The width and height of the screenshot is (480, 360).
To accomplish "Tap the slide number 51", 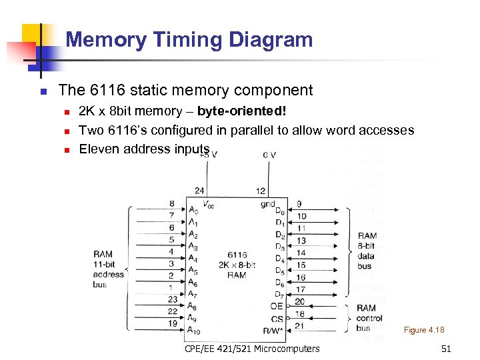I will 446,349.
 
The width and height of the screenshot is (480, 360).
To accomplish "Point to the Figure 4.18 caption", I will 423,330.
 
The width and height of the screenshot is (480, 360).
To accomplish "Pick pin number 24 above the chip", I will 199,191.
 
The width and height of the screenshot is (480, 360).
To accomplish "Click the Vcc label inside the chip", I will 207,205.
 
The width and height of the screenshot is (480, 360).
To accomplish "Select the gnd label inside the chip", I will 267,204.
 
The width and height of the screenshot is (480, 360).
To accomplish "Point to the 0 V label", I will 269,155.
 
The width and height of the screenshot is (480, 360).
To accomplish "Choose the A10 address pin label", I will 193,331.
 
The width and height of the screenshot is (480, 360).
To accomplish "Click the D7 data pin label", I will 280,295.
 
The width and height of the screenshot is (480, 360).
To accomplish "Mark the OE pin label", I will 277,307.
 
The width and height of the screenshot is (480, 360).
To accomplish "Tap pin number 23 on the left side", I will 172,299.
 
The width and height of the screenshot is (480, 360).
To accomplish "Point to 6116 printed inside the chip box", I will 237,255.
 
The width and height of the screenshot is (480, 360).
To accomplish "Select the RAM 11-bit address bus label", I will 108,269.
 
